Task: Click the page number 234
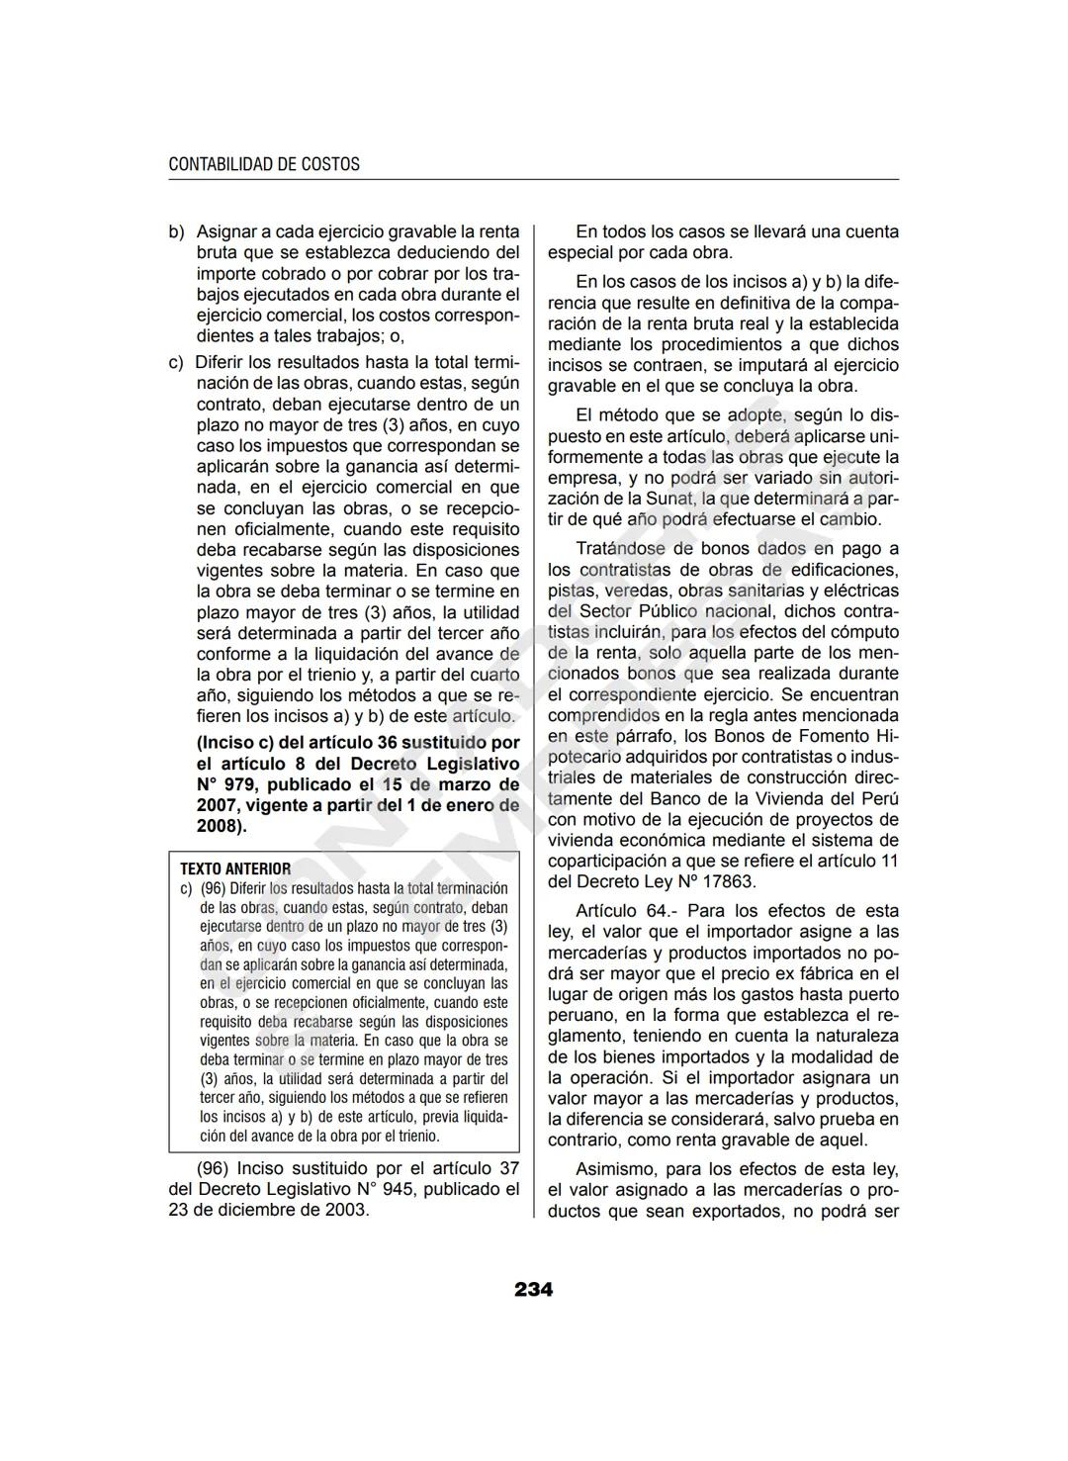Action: point(533,1289)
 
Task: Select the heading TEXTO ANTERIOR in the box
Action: point(235,868)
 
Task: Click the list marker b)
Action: point(177,231)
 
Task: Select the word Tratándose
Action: point(619,548)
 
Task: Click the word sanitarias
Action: point(755,591)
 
